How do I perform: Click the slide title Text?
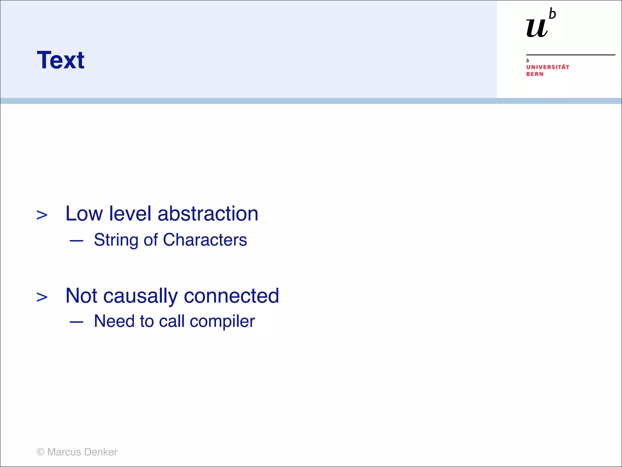(60, 60)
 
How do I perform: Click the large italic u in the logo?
(537, 28)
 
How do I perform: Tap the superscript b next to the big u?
(552, 14)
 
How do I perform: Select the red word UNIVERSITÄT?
(548, 67)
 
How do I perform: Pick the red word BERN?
(535, 74)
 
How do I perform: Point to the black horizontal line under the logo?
(570, 55)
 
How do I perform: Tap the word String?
(116, 240)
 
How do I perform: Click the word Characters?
(205, 240)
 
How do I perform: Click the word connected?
(231, 296)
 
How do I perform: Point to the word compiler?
(222, 322)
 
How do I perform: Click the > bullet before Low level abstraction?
(42, 215)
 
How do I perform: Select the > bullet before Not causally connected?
(42, 297)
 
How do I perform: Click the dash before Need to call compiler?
(76, 322)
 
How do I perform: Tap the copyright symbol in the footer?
(40, 452)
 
